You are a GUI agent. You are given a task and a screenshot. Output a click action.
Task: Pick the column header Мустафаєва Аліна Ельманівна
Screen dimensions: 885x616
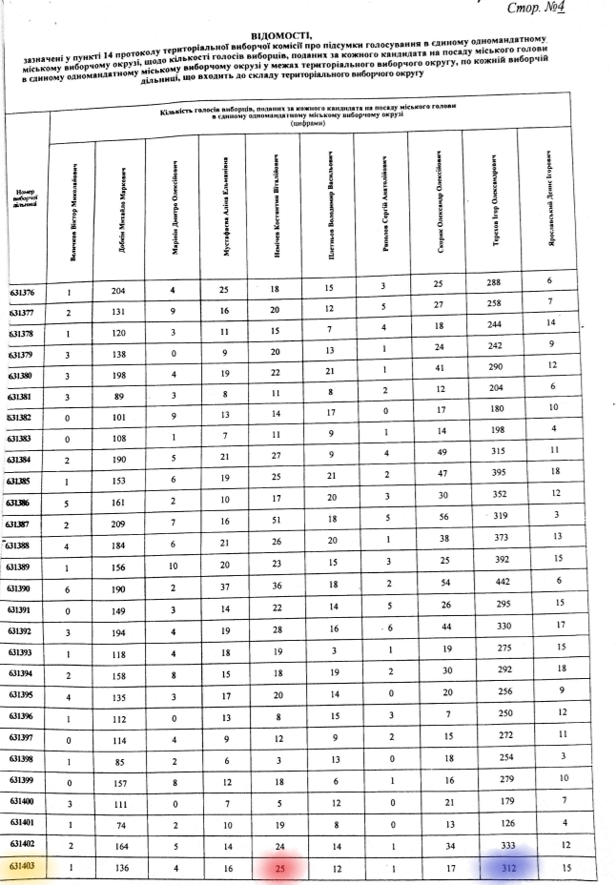point(223,205)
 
